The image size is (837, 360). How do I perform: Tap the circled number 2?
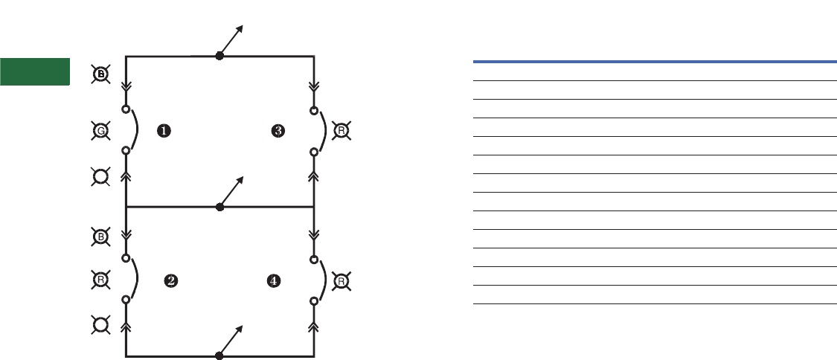coord(171,280)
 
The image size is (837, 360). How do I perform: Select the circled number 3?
coord(278,131)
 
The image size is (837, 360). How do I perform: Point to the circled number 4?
coord(274,280)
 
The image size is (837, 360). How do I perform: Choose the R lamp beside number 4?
coord(340,281)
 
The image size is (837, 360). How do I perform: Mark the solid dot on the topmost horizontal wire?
coord(219,56)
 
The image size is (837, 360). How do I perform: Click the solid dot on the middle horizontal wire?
coord(219,207)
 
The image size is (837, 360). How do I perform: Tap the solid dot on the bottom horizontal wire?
coord(219,356)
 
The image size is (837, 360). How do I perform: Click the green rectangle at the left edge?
coord(35,71)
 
